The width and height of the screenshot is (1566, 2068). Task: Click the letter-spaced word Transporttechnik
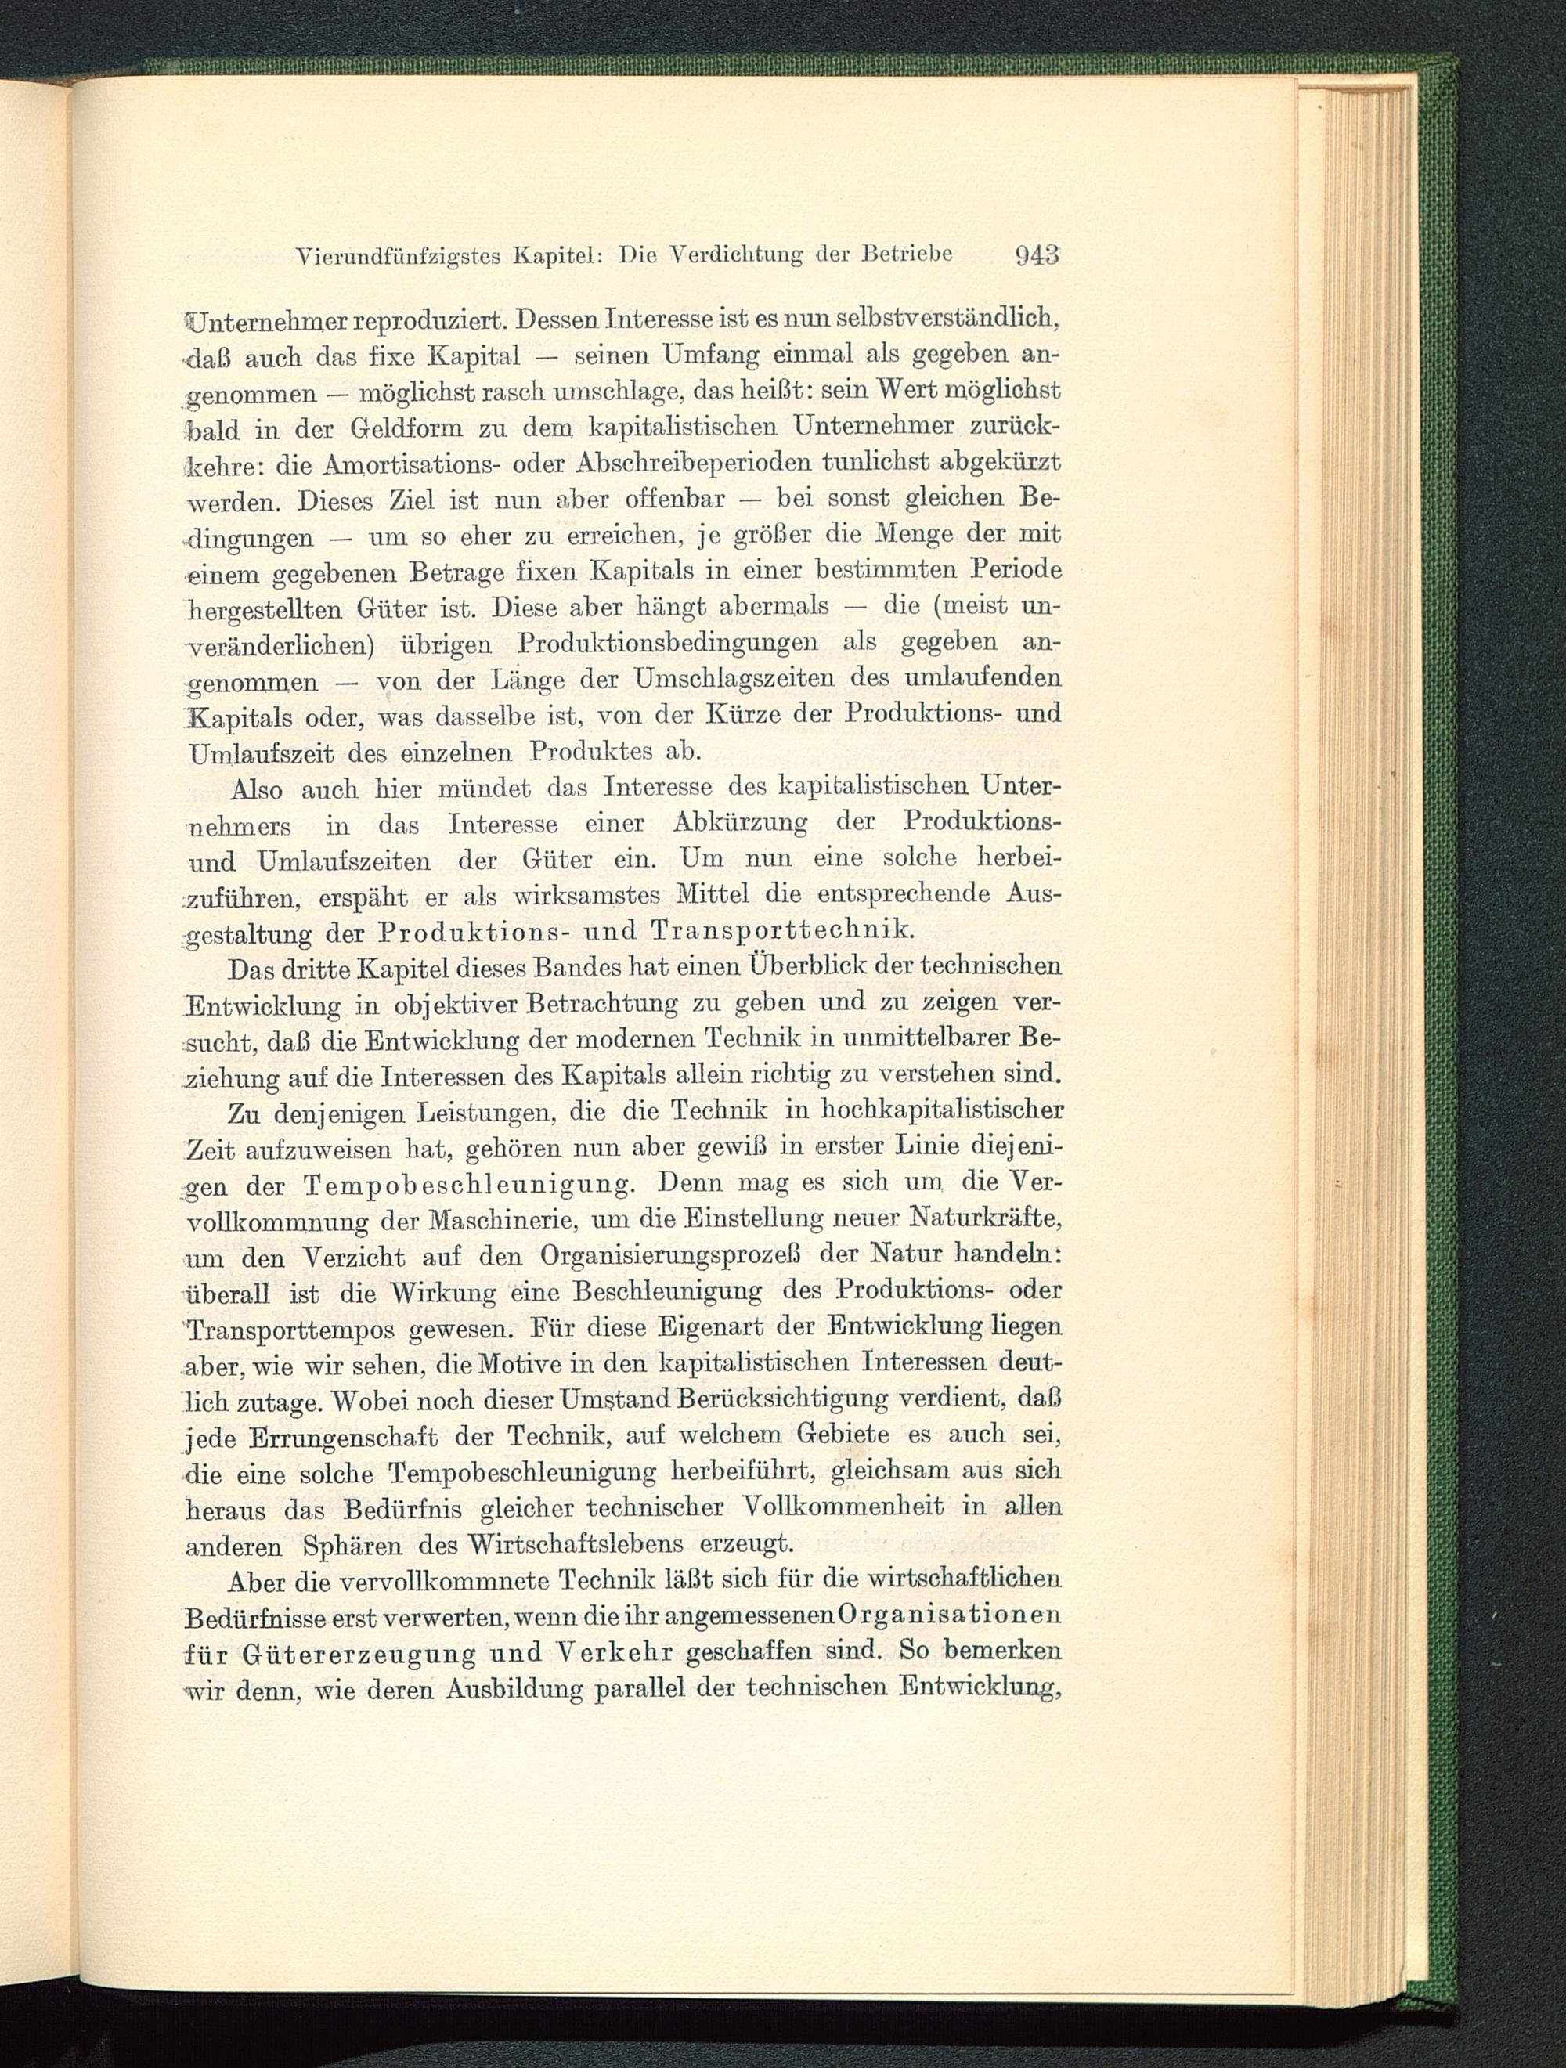click(781, 930)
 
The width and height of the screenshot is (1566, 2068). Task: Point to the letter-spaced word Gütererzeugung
click(357, 1652)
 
